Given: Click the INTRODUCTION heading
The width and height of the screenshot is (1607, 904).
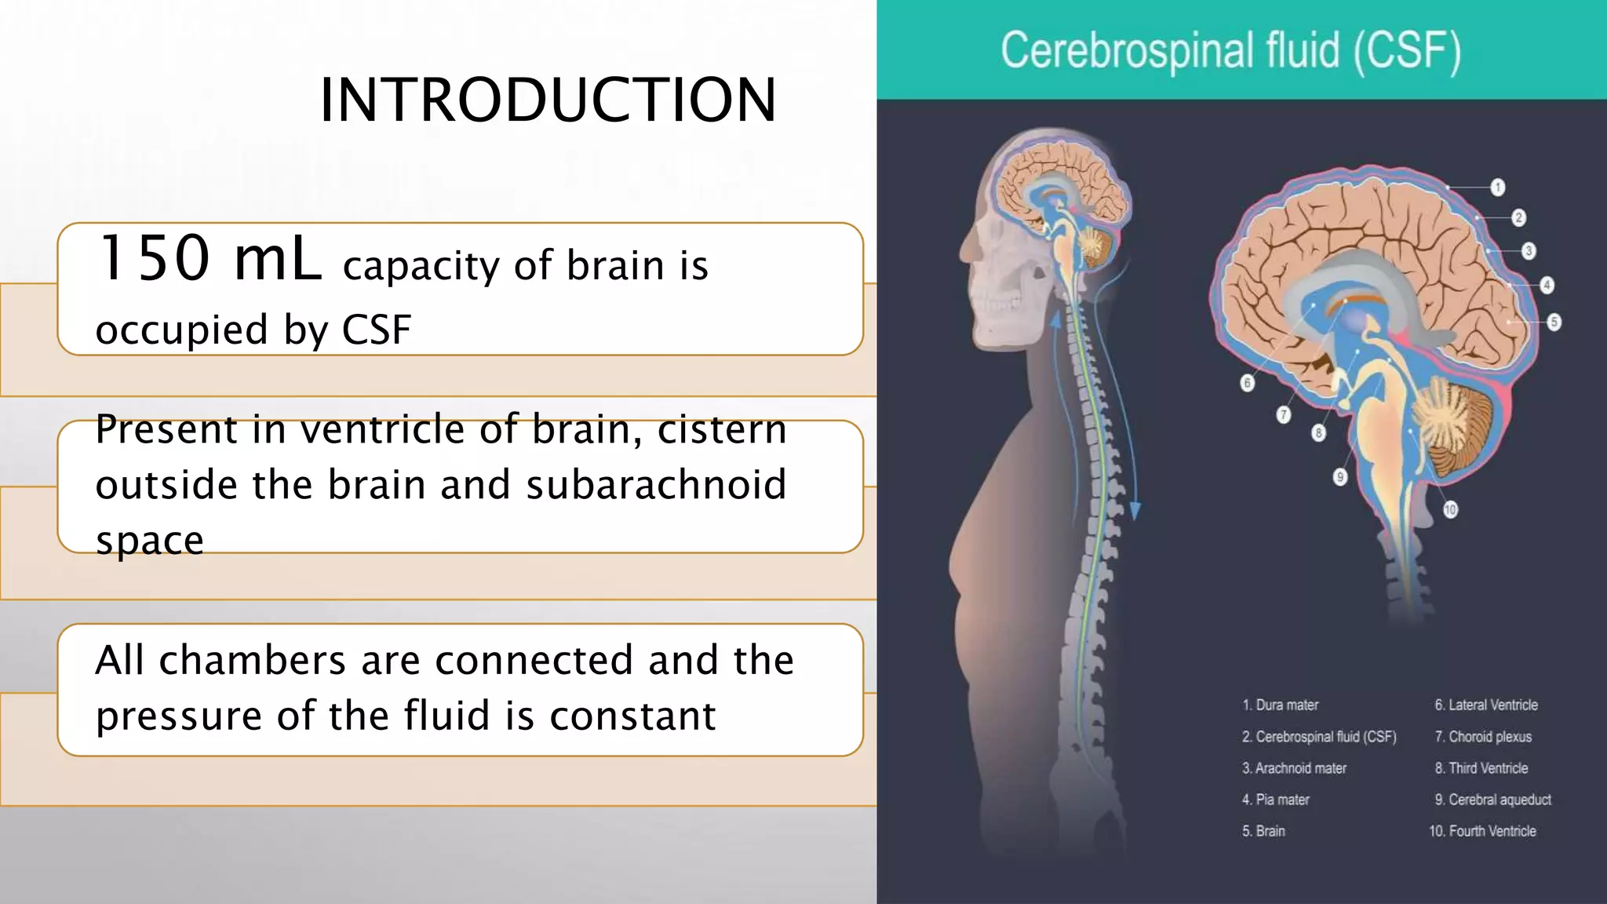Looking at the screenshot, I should click(548, 100).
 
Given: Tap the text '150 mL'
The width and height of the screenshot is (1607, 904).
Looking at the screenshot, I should click(209, 259).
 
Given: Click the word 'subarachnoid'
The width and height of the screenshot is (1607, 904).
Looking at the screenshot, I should click(655, 485).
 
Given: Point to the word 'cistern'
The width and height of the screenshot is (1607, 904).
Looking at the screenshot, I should click(722, 429).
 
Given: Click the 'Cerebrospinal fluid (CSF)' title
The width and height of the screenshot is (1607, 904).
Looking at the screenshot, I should click(1230, 51).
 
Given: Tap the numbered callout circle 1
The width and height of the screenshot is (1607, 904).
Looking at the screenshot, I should click(1497, 188).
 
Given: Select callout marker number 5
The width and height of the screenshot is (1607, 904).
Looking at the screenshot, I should click(1554, 322).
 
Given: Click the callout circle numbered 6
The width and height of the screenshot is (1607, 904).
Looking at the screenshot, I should click(1247, 383).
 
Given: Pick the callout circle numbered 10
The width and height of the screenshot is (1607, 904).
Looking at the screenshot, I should click(1449, 509).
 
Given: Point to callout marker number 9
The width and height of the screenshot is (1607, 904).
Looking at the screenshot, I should click(1340, 476).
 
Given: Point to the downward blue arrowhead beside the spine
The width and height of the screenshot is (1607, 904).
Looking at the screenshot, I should click(1135, 511).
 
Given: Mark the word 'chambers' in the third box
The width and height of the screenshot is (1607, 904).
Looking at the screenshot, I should click(251, 660).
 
